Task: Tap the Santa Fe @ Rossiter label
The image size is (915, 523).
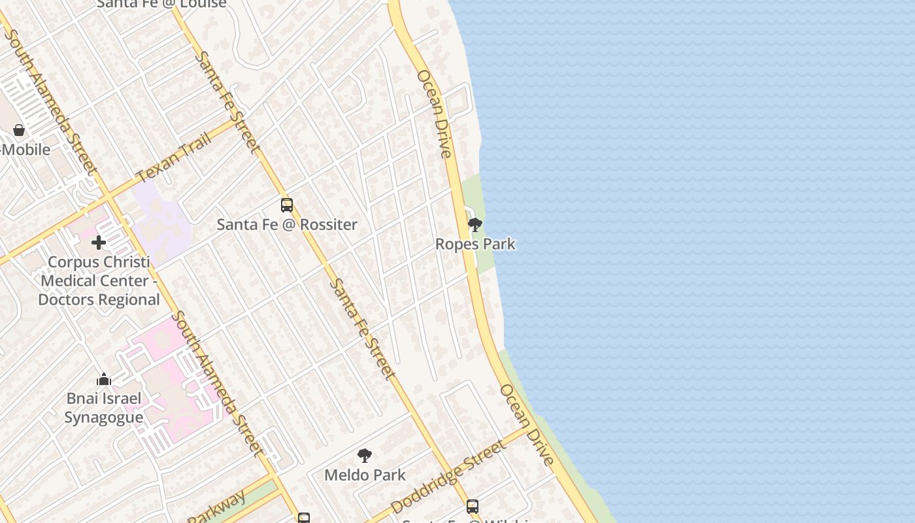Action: [287, 224]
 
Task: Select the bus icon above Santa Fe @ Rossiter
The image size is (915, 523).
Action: [287, 205]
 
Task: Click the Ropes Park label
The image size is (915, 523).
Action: [475, 244]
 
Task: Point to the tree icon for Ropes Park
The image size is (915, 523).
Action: [475, 225]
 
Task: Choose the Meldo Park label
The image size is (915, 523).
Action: [365, 475]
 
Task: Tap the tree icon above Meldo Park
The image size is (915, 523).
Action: [365, 456]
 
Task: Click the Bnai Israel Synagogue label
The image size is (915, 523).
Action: [103, 408]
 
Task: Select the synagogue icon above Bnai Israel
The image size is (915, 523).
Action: [104, 380]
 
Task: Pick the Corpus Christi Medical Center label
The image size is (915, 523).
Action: [99, 280]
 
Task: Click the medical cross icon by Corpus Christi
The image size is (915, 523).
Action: [99, 243]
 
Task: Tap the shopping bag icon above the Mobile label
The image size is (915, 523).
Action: [19, 130]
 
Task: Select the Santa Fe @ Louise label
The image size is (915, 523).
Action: [161, 4]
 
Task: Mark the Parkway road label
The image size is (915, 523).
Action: [217, 507]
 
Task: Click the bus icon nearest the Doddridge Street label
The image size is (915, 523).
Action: [472, 506]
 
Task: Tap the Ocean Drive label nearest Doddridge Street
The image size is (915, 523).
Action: [527, 424]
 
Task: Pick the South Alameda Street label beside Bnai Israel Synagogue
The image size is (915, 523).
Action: [217, 383]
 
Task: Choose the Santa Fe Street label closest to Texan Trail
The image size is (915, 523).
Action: [227, 102]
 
